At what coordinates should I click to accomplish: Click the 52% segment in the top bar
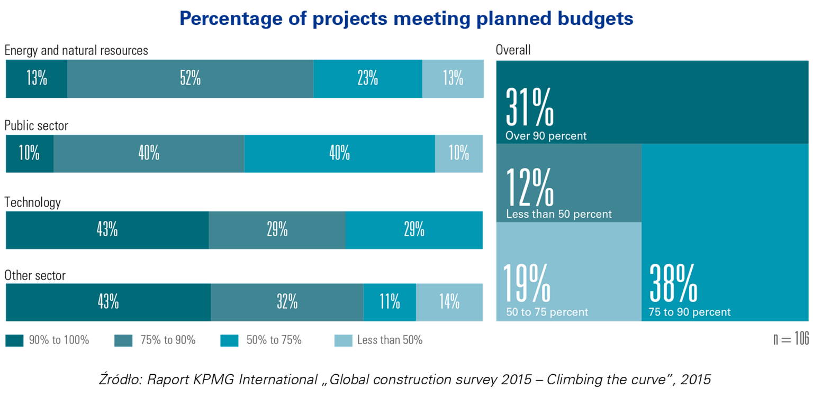click(190, 79)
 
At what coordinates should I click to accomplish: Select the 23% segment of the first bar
click(367, 79)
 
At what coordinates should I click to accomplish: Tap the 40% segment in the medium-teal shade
click(149, 153)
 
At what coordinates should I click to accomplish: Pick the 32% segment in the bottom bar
click(287, 302)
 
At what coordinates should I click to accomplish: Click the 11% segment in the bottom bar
click(390, 302)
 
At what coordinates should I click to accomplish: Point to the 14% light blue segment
click(449, 302)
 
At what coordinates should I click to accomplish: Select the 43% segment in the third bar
click(107, 230)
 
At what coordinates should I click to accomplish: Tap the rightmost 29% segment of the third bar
click(414, 230)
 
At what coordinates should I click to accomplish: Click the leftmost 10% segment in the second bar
click(29, 153)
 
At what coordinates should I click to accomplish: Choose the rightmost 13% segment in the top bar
click(453, 79)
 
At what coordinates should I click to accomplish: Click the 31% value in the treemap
click(529, 109)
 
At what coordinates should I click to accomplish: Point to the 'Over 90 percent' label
click(546, 136)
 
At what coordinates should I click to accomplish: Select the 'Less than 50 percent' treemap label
click(558, 215)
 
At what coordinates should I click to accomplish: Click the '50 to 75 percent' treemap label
click(547, 312)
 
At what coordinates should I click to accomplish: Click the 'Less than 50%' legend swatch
click(343, 341)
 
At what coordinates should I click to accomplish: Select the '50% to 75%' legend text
click(274, 340)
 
